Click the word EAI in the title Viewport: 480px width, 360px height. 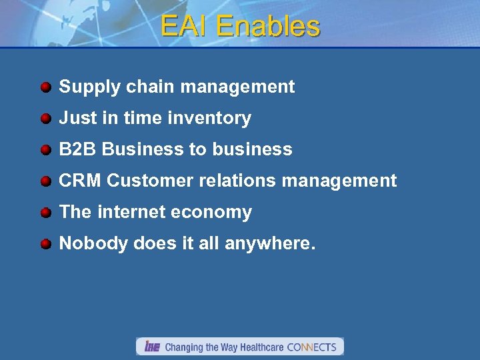(185, 26)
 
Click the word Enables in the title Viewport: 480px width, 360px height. (268, 26)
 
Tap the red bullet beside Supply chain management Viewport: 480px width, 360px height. (45, 87)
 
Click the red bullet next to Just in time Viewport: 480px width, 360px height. (45, 119)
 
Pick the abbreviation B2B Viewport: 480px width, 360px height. (78, 149)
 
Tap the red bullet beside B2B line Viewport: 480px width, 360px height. (45, 150)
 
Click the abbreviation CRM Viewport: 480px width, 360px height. (80, 181)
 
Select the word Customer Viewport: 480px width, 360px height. (145, 181)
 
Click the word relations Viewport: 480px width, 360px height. (223, 181)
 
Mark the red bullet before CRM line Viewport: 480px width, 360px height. (45, 181)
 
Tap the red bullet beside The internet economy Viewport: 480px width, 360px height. (45, 213)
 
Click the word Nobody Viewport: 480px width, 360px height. (93, 243)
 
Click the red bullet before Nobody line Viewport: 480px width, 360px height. (45, 244)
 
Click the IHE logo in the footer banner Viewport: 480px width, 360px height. (152, 347)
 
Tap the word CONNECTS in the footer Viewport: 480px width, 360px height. (311, 347)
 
